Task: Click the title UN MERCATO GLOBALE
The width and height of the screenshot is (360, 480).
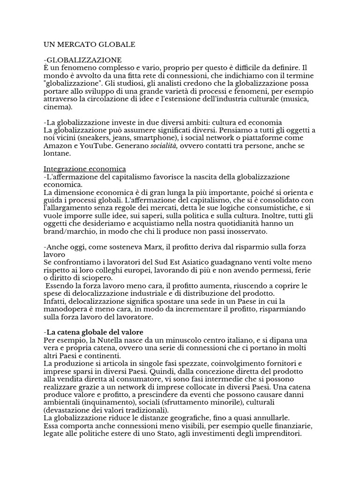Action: tap(89, 45)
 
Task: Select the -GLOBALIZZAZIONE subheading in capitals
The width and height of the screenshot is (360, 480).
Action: tap(82, 60)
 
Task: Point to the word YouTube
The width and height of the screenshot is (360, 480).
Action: tap(95, 145)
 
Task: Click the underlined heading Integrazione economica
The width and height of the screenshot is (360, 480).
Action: tap(84, 169)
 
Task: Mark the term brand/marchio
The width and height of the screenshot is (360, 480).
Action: tap(67, 231)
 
